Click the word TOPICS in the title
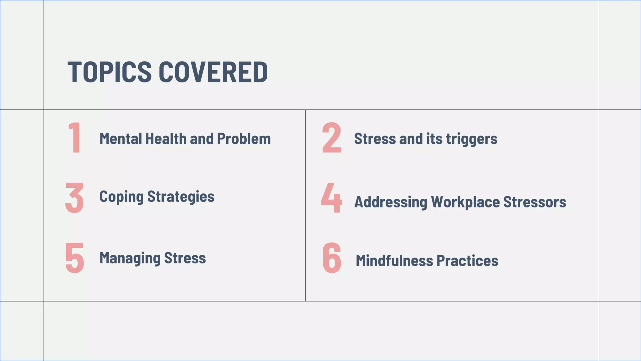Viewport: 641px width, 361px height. tap(110, 72)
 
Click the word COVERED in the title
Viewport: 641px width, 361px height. tap(213, 72)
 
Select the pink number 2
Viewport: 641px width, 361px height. tap(332, 138)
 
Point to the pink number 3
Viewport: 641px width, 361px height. tap(74, 198)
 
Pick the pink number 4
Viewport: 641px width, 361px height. tap(332, 198)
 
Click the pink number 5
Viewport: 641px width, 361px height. tap(74, 258)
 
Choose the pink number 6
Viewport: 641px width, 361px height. tap(332, 258)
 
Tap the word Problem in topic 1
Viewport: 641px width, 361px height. tap(244, 139)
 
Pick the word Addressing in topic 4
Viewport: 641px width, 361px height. tap(391, 202)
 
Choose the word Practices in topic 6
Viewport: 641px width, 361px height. tap(467, 261)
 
